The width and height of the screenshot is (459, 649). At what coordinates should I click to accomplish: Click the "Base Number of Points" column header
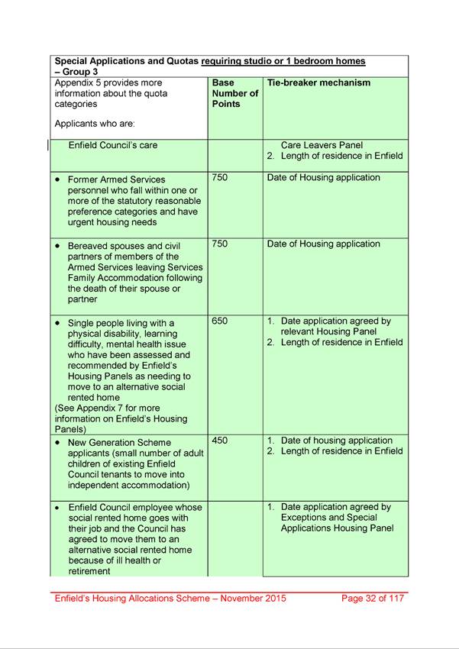234,93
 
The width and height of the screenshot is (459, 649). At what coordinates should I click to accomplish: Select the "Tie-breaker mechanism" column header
318,82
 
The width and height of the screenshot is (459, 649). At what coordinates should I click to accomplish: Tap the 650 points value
220,321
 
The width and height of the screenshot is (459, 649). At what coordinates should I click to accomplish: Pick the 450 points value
220,441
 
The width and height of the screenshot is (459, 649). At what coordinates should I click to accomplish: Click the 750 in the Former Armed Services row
220,178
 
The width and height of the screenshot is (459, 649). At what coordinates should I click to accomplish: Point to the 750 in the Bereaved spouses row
220,244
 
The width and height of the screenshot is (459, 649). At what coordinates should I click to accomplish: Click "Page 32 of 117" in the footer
372,599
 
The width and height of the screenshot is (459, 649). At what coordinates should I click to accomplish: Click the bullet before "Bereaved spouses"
59,247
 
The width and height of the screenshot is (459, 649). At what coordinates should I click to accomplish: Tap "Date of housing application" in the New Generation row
336,441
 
